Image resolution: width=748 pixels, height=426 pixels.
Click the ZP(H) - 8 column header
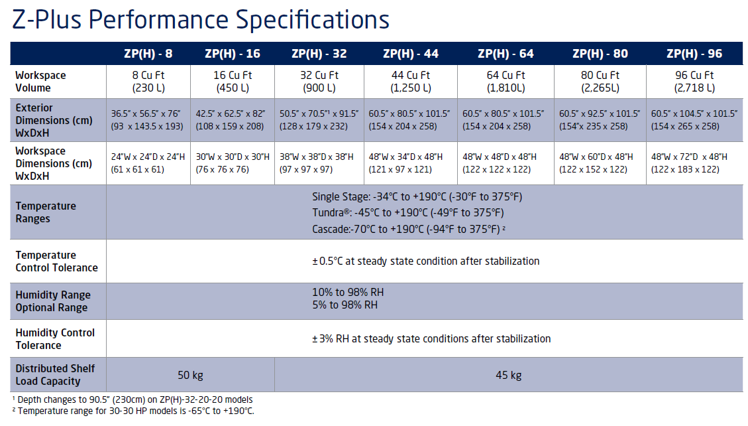(x=148, y=54)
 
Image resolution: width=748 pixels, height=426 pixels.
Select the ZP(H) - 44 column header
(x=410, y=54)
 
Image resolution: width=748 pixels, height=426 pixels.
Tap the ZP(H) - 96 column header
(x=694, y=54)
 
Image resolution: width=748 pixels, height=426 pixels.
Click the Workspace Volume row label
(x=40, y=82)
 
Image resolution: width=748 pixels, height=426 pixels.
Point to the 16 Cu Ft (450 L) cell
(x=233, y=82)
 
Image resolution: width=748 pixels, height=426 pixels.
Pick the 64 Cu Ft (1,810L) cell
(x=506, y=82)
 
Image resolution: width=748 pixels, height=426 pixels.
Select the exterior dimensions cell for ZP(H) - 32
(x=319, y=120)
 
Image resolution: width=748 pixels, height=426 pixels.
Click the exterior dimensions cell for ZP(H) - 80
(x=600, y=120)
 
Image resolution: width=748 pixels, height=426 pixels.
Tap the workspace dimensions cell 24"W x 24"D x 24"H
(x=148, y=163)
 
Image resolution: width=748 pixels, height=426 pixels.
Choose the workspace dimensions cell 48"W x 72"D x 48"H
(x=689, y=163)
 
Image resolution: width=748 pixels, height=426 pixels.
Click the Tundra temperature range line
(x=408, y=212)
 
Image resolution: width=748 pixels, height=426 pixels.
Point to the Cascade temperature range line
(x=409, y=229)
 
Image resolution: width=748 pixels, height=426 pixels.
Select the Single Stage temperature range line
(x=417, y=197)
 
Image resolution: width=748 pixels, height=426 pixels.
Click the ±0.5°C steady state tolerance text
(x=425, y=261)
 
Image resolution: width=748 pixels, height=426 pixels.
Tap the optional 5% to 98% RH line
(x=345, y=305)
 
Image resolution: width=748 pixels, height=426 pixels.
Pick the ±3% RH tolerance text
(x=431, y=338)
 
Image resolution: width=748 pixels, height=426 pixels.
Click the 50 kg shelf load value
(x=190, y=376)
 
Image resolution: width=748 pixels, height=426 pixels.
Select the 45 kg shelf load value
(x=509, y=376)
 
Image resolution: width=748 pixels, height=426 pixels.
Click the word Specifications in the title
(x=313, y=20)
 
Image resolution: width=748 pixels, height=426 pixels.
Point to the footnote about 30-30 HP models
(x=133, y=411)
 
